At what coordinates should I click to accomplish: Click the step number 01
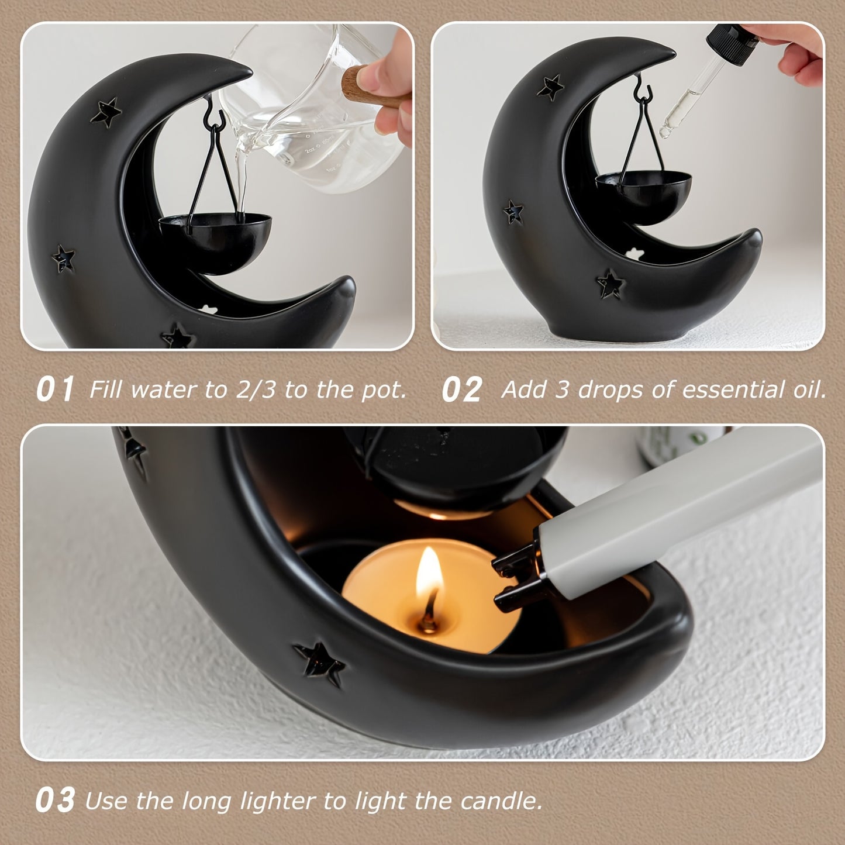pyautogui.click(x=55, y=389)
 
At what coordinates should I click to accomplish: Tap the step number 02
pyautogui.click(x=461, y=389)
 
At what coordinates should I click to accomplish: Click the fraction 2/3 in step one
pyautogui.click(x=255, y=389)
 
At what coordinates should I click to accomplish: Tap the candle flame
pyautogui.click(x=429, y=573)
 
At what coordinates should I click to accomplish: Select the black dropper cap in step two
pyautogui.click(x=731, y=44)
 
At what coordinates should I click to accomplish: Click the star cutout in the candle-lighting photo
pyautogui.click(x=320, y=663)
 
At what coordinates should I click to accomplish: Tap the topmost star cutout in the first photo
pyautogui.click(x=106, y=112)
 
